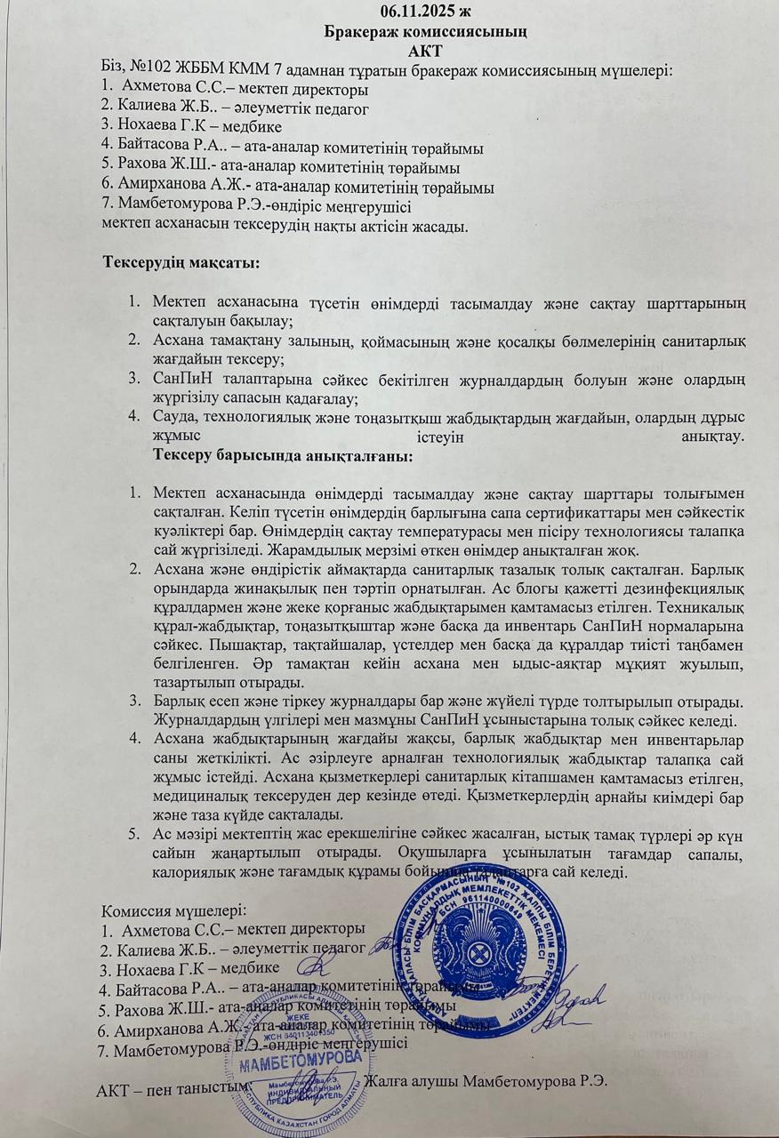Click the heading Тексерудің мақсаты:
pos(181,264)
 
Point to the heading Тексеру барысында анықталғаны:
pos(282,456)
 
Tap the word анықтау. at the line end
pos(711,437)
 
